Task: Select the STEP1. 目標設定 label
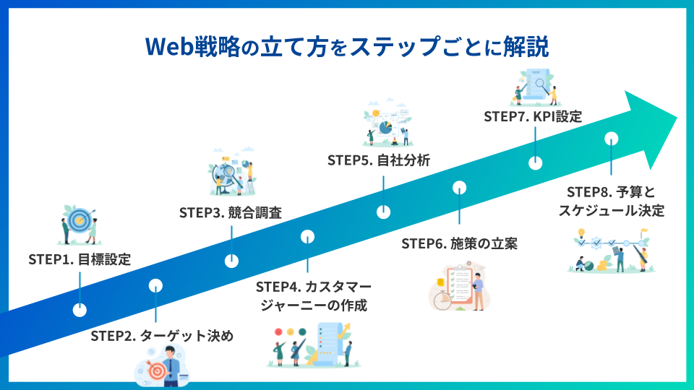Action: point(80,259)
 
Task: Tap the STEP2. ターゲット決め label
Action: point(162,336)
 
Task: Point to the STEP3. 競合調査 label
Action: point(230,213)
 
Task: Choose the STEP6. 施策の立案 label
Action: point(460,243)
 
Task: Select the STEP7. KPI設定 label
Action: point(533,116)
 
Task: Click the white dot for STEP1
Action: point(80,310)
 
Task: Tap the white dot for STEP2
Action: point(155,285)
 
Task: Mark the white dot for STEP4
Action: point(307,237)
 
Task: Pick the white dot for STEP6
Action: point(459,188)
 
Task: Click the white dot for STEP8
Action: point(611,138)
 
